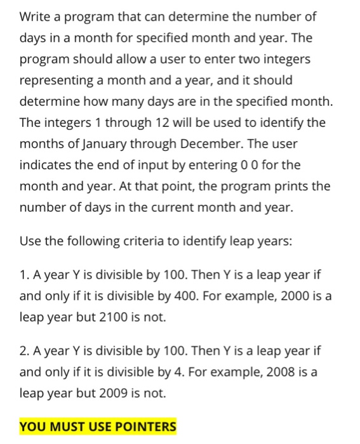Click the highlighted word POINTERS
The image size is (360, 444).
(x=141, y=426)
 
